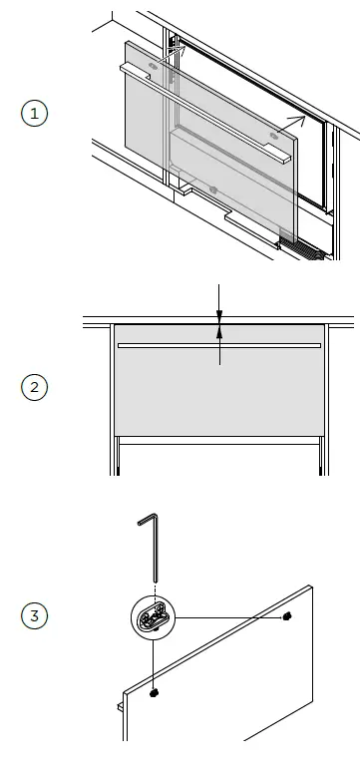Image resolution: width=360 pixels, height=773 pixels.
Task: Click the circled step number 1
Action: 35,114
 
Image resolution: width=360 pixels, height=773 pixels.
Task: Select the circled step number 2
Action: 35,387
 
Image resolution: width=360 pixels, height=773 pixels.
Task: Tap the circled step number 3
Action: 35,615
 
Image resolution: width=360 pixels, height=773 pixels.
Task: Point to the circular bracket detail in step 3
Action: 155,618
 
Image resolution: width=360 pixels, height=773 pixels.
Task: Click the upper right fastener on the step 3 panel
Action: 287,617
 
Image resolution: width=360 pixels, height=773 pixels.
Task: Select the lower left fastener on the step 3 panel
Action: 155,691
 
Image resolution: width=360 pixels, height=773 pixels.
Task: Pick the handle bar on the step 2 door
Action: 219,346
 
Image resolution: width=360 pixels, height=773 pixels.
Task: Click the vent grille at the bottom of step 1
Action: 299,246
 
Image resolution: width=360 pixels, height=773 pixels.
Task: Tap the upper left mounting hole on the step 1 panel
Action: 151,68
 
